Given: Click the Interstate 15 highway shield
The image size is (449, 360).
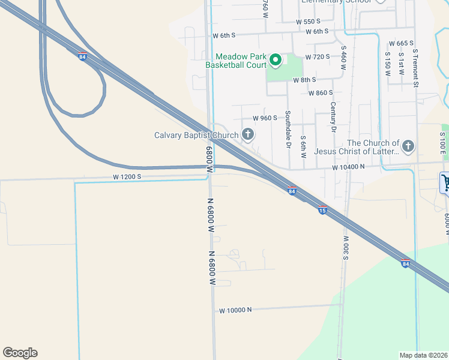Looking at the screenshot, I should pos(322,210).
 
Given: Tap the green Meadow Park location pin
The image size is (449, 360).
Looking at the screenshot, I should pos(276,59).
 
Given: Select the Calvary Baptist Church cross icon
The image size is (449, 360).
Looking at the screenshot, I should pos(247,134).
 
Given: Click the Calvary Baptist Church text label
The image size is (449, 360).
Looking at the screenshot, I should pos(196,135).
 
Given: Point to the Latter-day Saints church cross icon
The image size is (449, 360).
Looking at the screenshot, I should pos(408,146).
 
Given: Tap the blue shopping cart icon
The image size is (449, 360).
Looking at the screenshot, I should pos(445,182).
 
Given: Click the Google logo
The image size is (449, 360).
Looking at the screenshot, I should pos(20,353).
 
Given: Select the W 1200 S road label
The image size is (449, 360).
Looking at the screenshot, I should pos(127,177).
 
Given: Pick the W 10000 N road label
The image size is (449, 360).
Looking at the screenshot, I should pos(235,310).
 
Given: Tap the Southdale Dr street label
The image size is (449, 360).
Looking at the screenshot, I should pos(288,130).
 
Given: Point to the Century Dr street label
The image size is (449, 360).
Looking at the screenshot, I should pos(333,116).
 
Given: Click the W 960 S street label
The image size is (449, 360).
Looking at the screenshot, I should pos(265,118).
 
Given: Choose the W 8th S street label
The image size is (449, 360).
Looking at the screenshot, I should pos(304,80).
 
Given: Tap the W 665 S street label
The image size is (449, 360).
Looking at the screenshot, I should pos(402,43).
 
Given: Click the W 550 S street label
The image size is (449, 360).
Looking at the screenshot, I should pos(309,22).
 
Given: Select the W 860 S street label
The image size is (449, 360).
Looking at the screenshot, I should pos(321,93).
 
